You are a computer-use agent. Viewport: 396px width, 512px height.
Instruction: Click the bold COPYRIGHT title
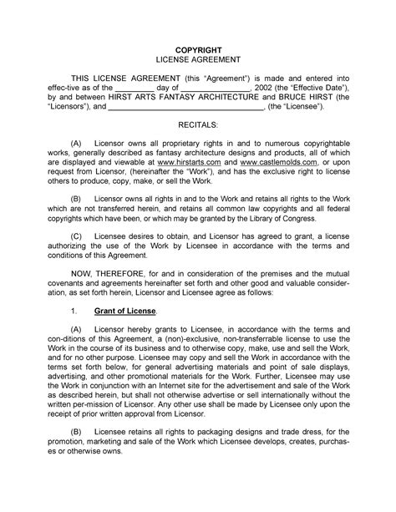(199, 48)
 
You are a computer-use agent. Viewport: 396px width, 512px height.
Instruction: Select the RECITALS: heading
(198, 124)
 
